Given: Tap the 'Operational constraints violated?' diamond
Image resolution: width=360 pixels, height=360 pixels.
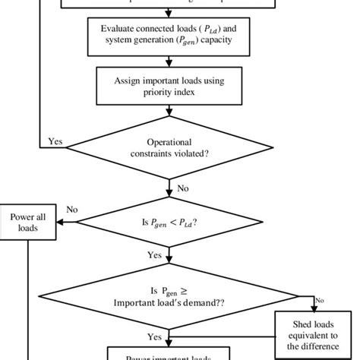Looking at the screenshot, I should [x=167, y=148].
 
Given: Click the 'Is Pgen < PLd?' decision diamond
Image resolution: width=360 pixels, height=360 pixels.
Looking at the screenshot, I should [x=167, y=223].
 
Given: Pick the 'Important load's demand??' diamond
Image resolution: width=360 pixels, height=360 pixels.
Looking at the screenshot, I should [x=167, y=297].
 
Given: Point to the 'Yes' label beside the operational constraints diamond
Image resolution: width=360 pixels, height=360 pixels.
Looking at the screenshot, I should [x=55, y=141].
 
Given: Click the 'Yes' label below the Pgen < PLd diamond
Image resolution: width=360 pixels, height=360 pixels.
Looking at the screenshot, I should [x=154, y=256].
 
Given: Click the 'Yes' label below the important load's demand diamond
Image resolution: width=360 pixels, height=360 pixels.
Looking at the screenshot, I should [x=154, y=336].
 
